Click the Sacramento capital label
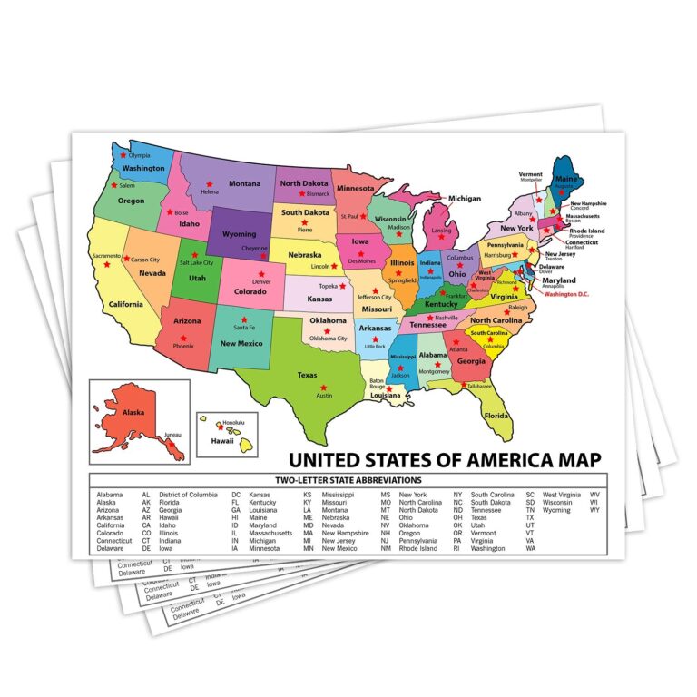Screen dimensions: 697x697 [104, 257]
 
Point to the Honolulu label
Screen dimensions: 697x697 [235, 423]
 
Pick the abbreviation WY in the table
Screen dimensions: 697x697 [594, 510]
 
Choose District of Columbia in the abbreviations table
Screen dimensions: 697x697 [192, 495]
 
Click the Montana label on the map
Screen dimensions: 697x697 [243, 183]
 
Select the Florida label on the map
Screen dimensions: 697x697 [496, 415]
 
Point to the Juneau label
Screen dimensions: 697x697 [172, 437]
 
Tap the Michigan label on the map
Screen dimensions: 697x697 [464, 198]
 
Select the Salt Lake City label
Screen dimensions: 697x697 [196, 262]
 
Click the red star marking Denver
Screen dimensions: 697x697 [261, 273]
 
